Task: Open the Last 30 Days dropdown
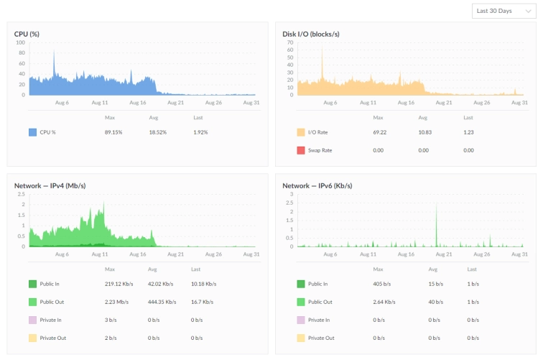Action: tap(503, 11)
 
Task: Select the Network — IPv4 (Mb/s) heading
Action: tap(50, 185)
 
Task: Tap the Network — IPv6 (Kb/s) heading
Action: tap(317, 185)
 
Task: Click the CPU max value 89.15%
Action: tap(113, 132)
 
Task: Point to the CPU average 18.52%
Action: tap(157, 132)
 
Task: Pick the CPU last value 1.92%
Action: tap(200, 132)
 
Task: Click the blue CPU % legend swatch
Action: tap(32, 132)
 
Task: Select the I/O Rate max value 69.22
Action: tap(380, 132)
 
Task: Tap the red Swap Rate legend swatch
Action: tap(301, 150)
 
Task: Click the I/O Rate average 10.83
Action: tap(423, 132)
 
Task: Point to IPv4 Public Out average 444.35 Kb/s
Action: tap(162, 302)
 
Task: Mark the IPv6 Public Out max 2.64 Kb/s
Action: tap(384, 302)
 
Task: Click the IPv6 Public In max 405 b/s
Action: tap(380, 284)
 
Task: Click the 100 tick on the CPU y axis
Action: tap(21, 42)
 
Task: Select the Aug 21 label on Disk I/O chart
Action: tap(445, 103)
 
